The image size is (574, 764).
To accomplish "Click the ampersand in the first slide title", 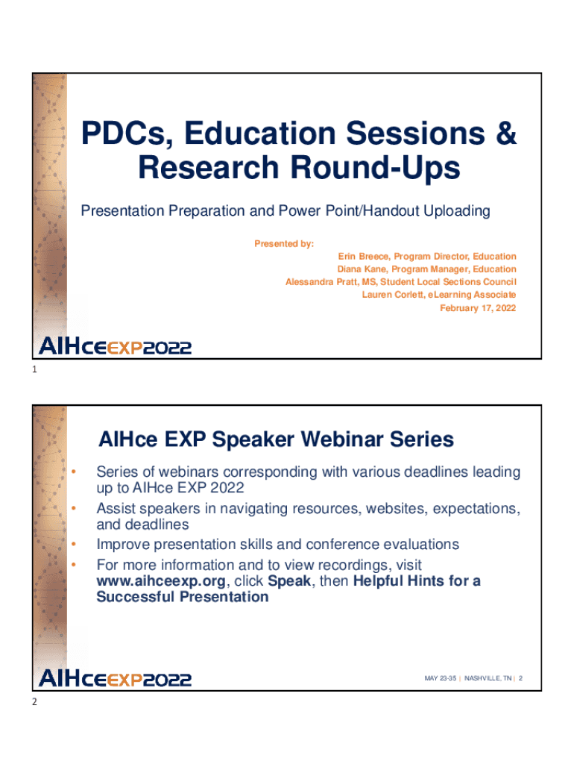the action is point(506,133).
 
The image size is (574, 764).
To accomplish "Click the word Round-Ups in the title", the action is point(376,168).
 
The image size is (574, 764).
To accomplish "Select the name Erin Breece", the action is point(363,257).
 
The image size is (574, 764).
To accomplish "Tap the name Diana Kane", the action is point(362,269).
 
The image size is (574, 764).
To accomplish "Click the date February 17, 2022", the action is point(478,308).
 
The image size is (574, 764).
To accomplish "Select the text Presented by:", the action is point(284,244).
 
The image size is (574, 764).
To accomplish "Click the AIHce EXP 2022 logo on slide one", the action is point(115,346).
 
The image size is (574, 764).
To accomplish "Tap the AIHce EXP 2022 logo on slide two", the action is point(115,678).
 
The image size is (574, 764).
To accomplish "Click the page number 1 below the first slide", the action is point(34,369).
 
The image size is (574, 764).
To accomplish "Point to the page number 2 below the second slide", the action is point(34,701).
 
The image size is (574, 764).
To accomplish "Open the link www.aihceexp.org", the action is point(161,580).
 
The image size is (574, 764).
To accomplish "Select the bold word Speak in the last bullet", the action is point(289,580).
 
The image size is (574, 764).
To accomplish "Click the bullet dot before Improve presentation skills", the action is point(74,544).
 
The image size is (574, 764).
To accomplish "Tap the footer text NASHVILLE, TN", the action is point(488,678).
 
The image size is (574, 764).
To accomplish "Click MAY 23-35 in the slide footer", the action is point(440,678).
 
